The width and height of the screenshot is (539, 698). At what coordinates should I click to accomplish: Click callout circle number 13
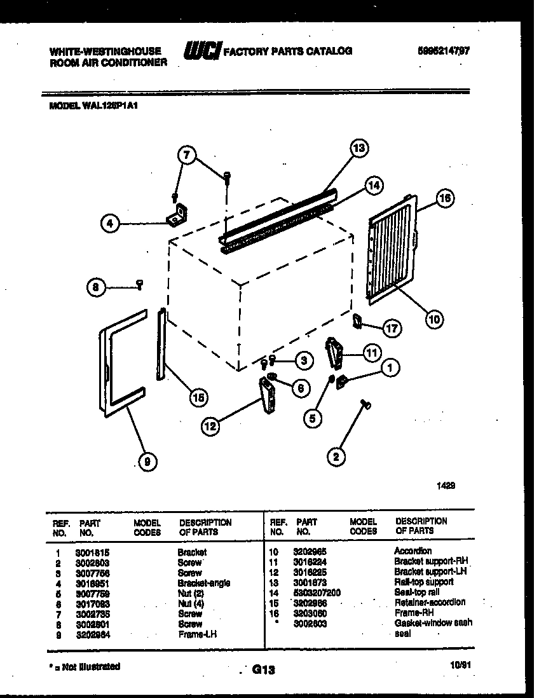(x=359, y=148)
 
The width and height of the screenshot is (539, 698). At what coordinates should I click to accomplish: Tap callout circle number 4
(x=110, y=223)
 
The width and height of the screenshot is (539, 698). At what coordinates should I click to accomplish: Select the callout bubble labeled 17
(x=392, y=328)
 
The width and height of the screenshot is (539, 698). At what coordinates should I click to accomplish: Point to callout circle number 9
(x=147, y=462)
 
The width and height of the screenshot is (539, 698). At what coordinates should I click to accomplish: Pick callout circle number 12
(x=210, y=427)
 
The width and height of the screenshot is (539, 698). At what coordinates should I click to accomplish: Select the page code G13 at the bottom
(x=263, y=669)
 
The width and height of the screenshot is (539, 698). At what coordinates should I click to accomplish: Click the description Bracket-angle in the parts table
(x=203, y=583)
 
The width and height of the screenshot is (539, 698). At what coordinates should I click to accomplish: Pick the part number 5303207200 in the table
(x=317, y=592)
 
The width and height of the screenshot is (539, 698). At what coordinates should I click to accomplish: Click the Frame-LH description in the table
(x=198, y=634)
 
